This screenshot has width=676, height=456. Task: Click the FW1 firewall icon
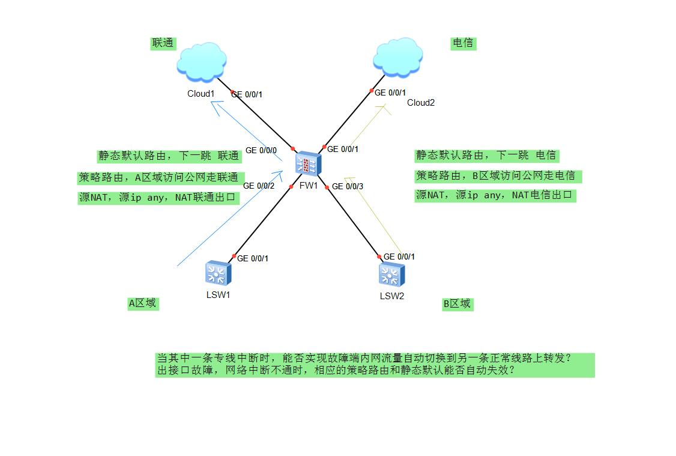pos(309,163)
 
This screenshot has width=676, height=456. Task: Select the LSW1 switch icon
pos(217,273)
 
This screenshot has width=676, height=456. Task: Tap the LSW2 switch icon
pos(391,275)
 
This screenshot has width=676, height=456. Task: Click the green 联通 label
pos(163,43)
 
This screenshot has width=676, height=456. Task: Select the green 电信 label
pos(463,43)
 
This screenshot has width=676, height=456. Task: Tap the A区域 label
pos(143,303)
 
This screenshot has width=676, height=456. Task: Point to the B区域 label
pos(457,304)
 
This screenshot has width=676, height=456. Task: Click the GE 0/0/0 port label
pos(261,150)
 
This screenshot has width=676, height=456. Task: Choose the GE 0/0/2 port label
pos(259,186)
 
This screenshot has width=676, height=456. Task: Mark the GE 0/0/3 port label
pos(348,186)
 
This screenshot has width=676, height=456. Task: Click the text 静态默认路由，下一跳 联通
pos(169,156)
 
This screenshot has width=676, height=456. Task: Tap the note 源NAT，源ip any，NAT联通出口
pos(158,198)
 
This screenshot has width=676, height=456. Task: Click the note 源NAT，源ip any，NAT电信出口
pos(495,195)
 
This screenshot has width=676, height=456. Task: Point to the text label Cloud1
pos(201,94)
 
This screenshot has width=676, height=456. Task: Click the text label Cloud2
pos(421,103)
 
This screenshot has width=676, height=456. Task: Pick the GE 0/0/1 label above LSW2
pos(399,257)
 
